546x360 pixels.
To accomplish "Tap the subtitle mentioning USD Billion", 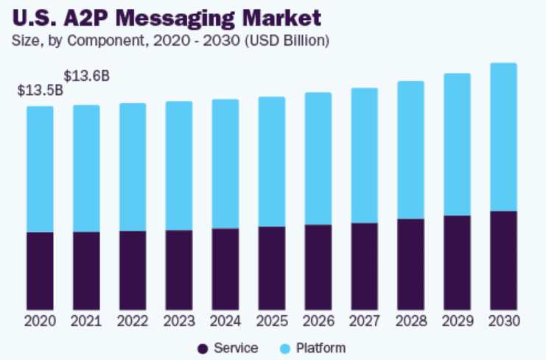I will pyautogui.click(x=170, y=40).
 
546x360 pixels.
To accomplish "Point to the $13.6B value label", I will pyautogui.click(x=87, y=76).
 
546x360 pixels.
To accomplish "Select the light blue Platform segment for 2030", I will pyautogui.click(x=503, y=137).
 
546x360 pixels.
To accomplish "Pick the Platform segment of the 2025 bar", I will pyautogui.click(x=271, y=161).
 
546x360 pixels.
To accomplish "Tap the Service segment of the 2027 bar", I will pyautogui.click(x=364, y=266).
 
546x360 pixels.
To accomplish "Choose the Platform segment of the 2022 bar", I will pyautogui.click(x=133, y=166).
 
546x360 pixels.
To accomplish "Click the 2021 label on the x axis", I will pyautogui.click(x=86, y=322).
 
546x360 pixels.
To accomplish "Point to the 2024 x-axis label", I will pyautogui.click(x=225, y=322).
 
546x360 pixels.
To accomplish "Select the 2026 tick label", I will pyautogui.click(x=318, y=322).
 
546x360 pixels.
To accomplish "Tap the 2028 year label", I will pyautogui.click(x=410, y=322).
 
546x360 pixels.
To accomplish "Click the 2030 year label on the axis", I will pyautogui.click(x=503, y=322).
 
